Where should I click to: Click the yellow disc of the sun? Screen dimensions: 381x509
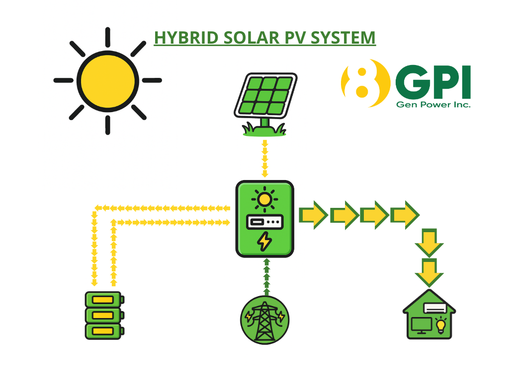click(x=107, y=80)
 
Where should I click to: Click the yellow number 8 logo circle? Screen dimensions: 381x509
click(x=365, y=83)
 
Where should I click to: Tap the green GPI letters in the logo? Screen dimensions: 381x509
click(x=433, y=82)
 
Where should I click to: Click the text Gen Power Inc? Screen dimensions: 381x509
click(x=433, y=105)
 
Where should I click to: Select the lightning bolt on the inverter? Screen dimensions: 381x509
click(x=264, y=242)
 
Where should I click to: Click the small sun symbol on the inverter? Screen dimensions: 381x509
click(x=264, y=199)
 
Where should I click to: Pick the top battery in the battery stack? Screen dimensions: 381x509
click(x=104, y=300)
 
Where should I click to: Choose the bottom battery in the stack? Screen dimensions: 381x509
click(x=104, y=331)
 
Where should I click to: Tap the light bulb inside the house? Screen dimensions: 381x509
click(x=440, y=325)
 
